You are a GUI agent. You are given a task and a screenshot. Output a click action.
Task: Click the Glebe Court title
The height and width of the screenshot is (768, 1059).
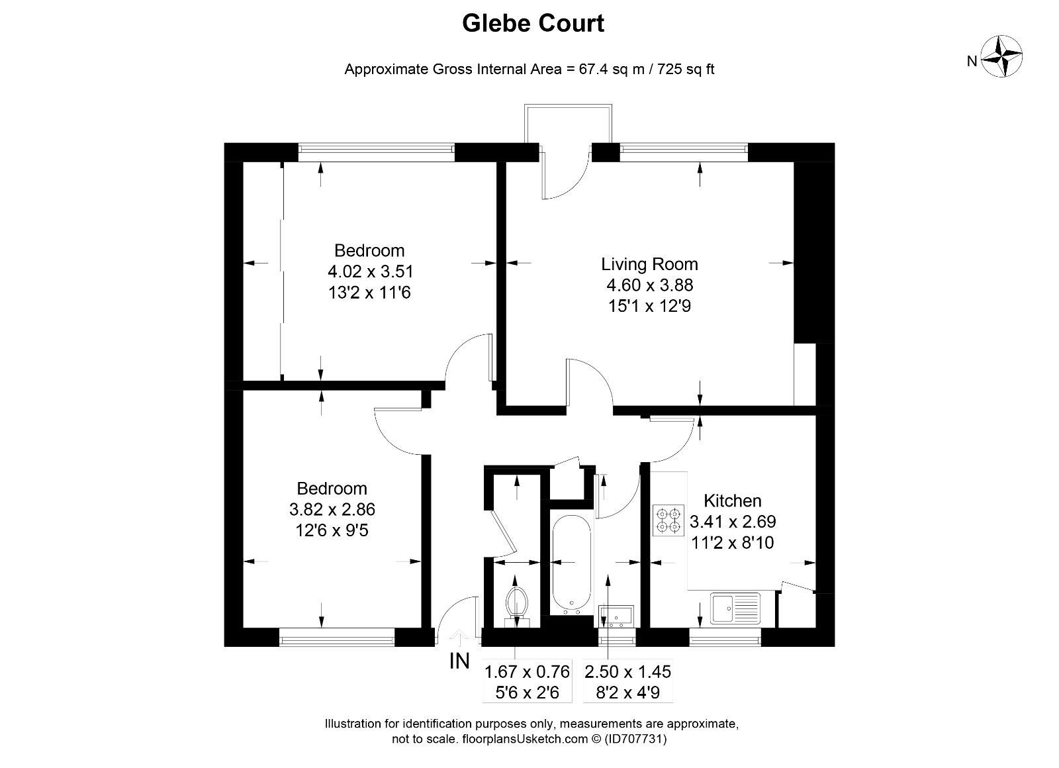pos(533,24)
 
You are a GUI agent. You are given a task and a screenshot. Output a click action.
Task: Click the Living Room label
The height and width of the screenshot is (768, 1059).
pos(649,264)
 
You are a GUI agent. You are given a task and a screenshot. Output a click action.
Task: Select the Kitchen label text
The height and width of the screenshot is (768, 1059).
pos(732,501)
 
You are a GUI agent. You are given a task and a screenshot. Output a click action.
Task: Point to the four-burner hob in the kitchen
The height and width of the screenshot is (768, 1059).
pos(668,520)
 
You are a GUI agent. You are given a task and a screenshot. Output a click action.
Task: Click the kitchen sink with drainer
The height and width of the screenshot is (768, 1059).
pos(736,608)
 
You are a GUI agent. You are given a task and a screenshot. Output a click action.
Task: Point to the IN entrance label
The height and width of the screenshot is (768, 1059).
pos(459,661)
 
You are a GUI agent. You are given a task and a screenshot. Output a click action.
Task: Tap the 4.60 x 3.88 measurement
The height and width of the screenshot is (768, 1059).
pos(649,285)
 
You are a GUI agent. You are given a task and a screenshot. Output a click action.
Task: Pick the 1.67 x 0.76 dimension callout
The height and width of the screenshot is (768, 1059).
pos(527,672)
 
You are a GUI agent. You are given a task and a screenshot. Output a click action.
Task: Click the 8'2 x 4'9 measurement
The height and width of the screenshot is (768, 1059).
pos(628,693)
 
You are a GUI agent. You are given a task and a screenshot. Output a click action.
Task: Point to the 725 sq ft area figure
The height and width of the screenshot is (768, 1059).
pos(682,69)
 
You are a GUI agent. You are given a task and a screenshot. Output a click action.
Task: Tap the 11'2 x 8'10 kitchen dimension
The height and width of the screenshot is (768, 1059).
pos(732,543)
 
